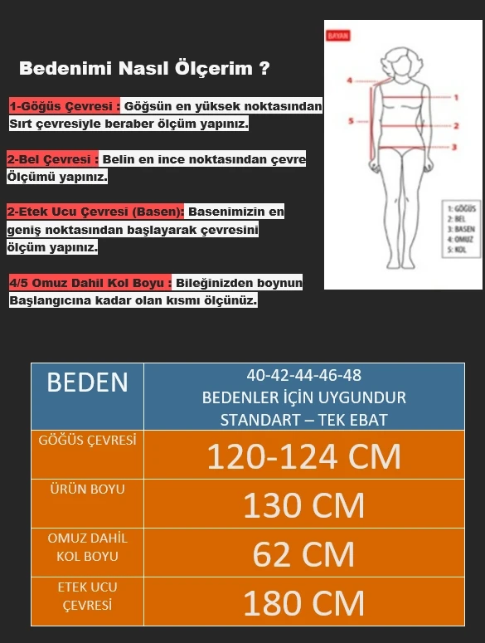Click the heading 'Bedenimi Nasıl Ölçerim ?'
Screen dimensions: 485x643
[x=143, y=69]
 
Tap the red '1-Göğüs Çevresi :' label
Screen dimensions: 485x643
[x=65, y=107]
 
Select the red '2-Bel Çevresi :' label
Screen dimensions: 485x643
[x=53, y=159]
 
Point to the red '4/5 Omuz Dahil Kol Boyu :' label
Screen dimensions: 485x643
[x=90, y=284]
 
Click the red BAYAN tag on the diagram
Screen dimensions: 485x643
[x=338, y=37]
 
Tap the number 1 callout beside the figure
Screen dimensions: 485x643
[x=456, y=97]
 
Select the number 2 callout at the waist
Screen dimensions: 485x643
[x=456, y=126]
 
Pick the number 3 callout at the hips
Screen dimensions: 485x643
[x=454, y=147]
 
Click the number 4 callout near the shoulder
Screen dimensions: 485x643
[x=350, y=80]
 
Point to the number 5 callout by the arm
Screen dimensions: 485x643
[x=351, y=121]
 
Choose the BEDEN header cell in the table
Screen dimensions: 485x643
[x=87, y=382]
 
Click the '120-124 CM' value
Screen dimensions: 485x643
[x=303, y=457]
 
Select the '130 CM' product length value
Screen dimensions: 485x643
[x=303, y=505]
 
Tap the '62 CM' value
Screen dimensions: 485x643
[x=303, y=554]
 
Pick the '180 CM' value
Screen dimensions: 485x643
[x=303, y=603]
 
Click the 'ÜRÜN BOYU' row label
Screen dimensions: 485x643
[x=87, y=490]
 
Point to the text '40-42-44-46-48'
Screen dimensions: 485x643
[x=303, y=375]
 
